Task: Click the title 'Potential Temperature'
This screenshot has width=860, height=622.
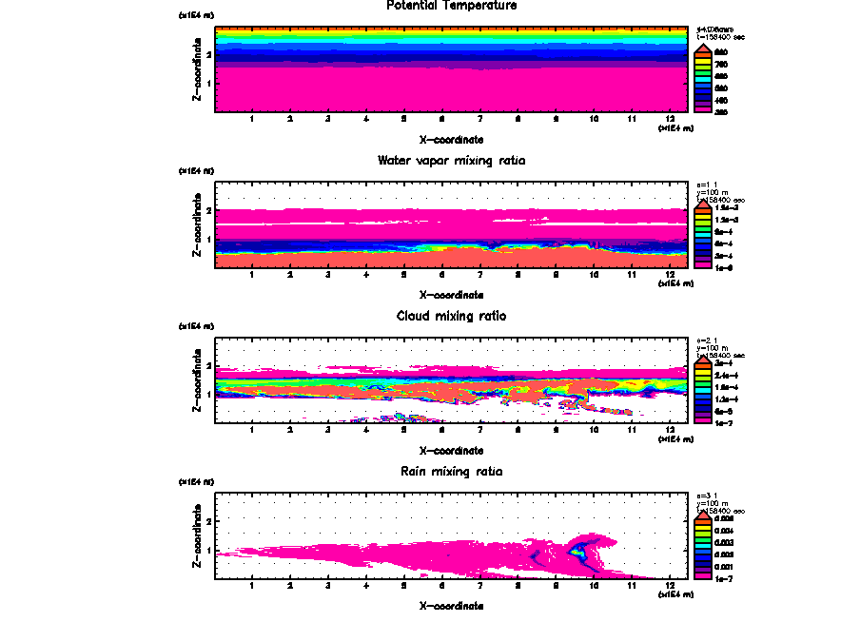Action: click(x=452, y=6)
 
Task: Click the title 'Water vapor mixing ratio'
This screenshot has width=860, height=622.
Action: click(x=452, y=161)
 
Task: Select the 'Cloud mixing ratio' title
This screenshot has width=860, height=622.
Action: click(x=452, y=316)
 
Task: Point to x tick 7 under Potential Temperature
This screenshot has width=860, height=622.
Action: click(x=479, y=120)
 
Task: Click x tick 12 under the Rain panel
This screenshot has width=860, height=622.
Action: click(x=670, y=585)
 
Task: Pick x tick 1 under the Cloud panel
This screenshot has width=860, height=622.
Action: click(x=251, y=430)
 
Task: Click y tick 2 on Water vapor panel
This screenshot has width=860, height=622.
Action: click(x=207, y=210)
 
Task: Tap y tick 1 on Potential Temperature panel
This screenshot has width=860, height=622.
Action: click(x=207, y=84)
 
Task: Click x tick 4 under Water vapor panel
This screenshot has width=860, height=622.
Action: click(x=365, y=275)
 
